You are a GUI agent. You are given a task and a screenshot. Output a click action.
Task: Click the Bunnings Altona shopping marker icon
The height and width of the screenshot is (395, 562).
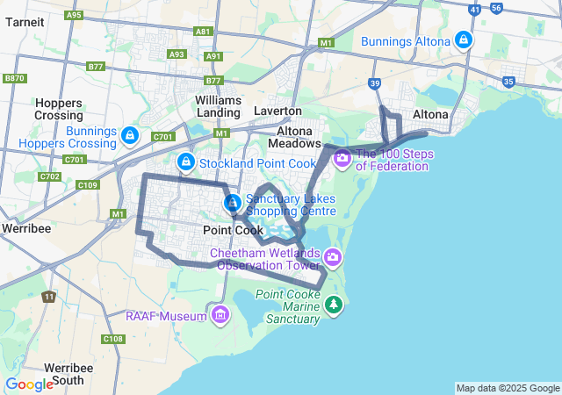click(463, 39)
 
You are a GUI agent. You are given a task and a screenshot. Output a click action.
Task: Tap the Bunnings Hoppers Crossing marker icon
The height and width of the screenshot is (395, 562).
click(130, 135)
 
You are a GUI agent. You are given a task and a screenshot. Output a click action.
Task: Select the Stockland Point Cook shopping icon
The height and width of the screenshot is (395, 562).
click(185, 162)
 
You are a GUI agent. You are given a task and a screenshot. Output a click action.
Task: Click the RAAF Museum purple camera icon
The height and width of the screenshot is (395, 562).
click(219, 314)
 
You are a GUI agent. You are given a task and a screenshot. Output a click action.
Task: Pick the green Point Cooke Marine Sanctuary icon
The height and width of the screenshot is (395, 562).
click(333, 305)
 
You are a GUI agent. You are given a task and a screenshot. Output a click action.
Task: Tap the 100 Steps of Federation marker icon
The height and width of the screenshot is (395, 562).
click(342, 159)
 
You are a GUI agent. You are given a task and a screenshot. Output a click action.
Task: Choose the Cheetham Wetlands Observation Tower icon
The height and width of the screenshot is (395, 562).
click(332, 257)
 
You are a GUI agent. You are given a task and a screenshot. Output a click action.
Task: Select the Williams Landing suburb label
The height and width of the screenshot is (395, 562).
click(218, 106)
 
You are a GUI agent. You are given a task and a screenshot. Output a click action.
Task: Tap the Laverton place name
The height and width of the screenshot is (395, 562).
click(277, 111)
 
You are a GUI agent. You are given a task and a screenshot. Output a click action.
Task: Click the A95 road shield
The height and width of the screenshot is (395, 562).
click(75, 15)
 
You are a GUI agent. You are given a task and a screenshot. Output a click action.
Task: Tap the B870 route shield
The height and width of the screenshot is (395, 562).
click(14, 78)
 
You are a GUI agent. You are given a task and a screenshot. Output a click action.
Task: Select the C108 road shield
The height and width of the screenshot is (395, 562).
click(112, 339)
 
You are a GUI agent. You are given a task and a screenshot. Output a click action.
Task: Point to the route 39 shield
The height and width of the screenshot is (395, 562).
click(374, 83)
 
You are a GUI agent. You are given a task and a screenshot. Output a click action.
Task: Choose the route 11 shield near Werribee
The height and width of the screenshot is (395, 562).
click(47, 297)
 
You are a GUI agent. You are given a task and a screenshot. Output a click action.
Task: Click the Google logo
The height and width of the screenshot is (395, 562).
click(29, 384)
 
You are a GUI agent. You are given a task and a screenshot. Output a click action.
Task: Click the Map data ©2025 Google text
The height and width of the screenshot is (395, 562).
click(508, 388)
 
